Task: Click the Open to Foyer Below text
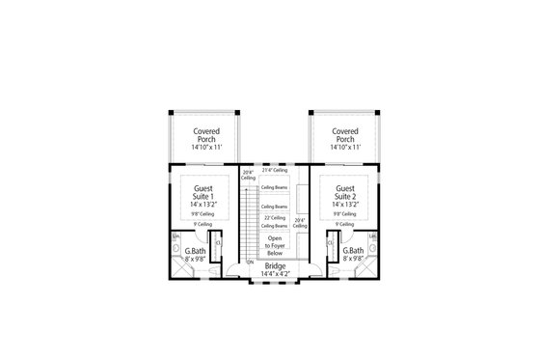tap(276, 244)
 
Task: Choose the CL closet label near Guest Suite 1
tap(218, 242)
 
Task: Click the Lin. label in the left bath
tap(176, 235)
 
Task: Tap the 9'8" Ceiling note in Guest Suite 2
tap(345, 213)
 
